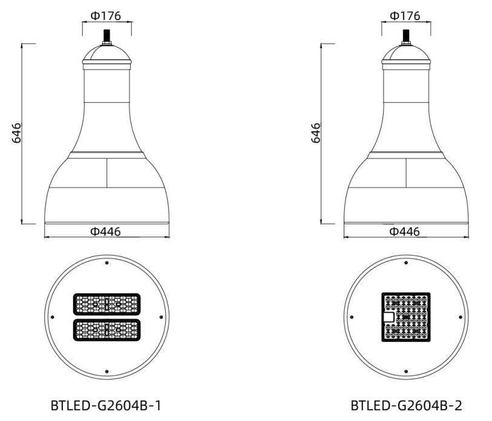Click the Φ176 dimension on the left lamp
[106, 16]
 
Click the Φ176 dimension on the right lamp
[405, 16]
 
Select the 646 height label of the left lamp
[16, 132]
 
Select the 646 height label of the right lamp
[316, 132]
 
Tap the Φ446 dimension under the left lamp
[105, 232]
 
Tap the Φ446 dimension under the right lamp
[404, 232]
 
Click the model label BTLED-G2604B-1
[106, 405]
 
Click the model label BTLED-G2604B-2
[406, 405]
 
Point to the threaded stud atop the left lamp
[107, 37]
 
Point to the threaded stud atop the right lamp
[406, 37]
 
